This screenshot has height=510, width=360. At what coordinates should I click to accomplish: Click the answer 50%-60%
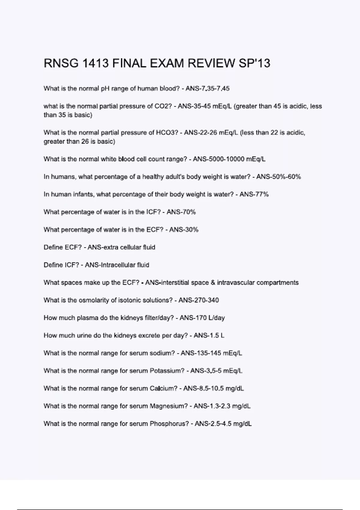[x=285, y=177]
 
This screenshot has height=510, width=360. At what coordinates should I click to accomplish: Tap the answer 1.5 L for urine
[x=216, y=335]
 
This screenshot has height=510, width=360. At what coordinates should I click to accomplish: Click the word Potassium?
[x=167, y=371]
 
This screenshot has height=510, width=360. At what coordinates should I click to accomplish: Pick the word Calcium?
[x=163, y=388]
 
